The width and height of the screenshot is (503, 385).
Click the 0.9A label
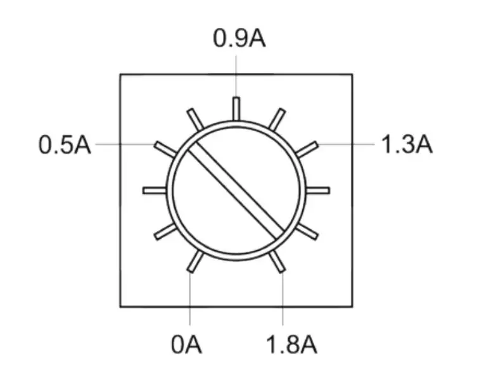click(239, 39)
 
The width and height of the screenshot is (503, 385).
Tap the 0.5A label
click(65, 145)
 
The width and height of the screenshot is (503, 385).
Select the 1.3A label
click(407, 145)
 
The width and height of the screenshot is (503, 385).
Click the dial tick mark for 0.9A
click(236, 108)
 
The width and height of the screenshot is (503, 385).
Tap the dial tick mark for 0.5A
click(165, 148)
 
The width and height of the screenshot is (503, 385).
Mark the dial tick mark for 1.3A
click(307, 149)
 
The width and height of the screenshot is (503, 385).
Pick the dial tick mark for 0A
click(196, 262)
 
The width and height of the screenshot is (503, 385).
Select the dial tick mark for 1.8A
click(277, 262)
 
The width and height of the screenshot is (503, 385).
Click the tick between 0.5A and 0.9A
click(195, 118)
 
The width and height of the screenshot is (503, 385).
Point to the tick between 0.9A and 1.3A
click(277, 118)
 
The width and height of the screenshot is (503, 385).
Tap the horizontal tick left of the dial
click(155, 190)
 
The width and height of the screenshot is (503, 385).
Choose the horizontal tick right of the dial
click(318, 190)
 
